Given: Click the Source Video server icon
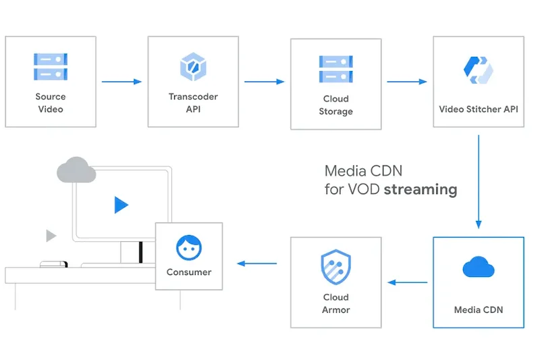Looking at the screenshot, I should (x=51, y=66).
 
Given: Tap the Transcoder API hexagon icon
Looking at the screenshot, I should (x=193, y=66).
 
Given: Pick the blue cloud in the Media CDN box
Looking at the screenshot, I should (x=479, y=267).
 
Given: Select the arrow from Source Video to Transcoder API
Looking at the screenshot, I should (x=122, y=82).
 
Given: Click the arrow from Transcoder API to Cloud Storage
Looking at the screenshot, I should (x=265, y=82).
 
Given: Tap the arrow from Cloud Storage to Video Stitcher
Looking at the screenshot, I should (x=407, y=82).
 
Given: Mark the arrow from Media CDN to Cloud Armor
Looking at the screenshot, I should (x=407, y=282).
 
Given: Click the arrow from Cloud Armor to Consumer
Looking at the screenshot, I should (x=256, y=263).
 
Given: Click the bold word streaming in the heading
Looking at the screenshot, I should (x=421, y=189).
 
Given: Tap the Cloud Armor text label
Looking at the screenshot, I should (x=335, y=303).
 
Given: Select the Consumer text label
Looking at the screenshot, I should (x=189, y=272).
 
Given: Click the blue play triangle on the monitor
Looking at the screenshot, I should (x=121, y=205).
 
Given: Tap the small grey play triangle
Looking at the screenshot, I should (x=51, y=236).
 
